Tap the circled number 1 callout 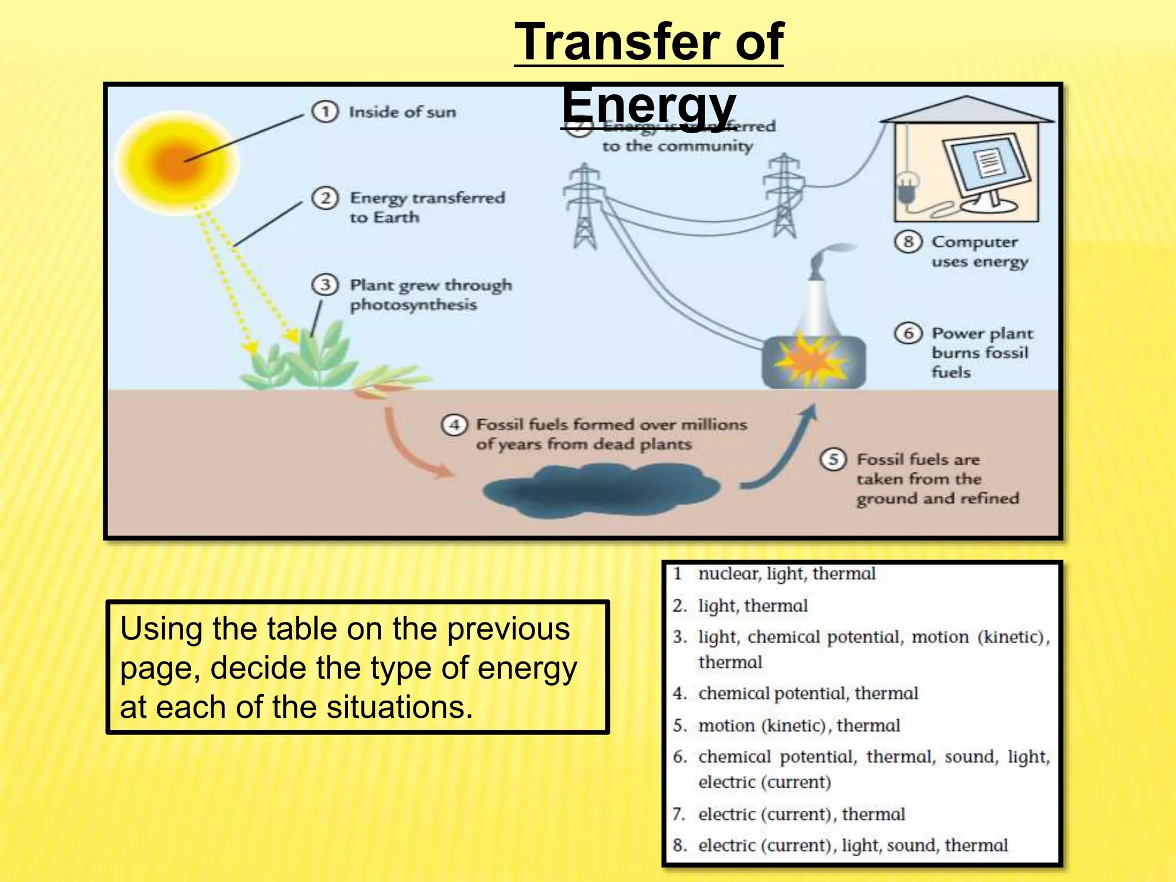(324, 111)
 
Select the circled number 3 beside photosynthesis (325, 285)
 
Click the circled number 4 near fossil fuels (454, 425)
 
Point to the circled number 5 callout (833, 459)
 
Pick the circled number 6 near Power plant (908, 333)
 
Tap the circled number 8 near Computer (908, 241)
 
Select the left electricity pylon (584, 207)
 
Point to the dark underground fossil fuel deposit (600, 488)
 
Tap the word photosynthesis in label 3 (413, 305)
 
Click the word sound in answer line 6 (969, 757)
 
